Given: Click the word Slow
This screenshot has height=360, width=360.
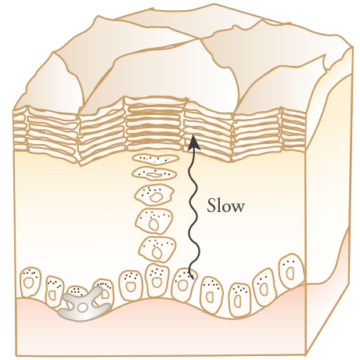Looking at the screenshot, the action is pyautogui.click(x=226, y=206).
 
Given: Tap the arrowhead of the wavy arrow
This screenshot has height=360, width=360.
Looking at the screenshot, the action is pyautogui.click(x=193, y=142).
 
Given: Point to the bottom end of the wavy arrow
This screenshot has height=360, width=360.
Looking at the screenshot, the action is pyautogui.click(x=193, y=279).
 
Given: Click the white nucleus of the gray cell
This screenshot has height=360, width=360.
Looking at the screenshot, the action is pyautogui.click(x=82, y=308).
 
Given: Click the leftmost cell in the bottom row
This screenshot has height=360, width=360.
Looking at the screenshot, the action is pyautogui.click(x=31, y=283).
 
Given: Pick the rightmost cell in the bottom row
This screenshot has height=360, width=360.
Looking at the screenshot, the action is pyautogui.click(x=291, y=271).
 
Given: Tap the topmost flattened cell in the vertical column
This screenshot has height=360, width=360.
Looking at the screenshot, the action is pyautogui.click(x=156, y=159).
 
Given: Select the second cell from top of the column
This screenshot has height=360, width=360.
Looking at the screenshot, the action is pyautogui.click(x=155, y=174).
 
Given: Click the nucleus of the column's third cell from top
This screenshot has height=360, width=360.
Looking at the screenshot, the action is pyautogui.click(x=156, y=197).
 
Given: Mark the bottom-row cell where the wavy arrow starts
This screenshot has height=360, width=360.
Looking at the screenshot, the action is pyautogui.click(x=185, y=284).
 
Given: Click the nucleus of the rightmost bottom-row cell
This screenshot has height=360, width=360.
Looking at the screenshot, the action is pyautogui.click(x=290, y=273).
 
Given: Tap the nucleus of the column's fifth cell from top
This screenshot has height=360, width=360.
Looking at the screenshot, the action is pyautogui.click(x=157, y=253).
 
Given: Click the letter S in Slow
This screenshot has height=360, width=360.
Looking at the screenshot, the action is pyautogui.click(x=211, y=206).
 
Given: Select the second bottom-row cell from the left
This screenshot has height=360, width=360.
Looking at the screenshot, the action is pyautogui.click(x=55, y=291).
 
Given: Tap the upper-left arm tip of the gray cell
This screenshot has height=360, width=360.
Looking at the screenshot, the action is pyautogui.click(x=67, y=297).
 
